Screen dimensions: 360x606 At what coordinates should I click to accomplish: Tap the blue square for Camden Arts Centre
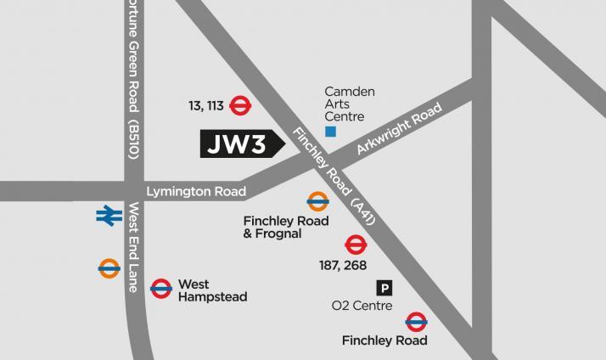click(331, 132)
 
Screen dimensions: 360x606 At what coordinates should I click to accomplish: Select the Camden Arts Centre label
click(350, 104)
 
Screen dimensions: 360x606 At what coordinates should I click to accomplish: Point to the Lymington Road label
click(196, 192)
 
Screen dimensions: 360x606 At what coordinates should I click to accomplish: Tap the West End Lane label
click(132, 247)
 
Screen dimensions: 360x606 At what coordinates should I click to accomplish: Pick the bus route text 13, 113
click(205, 106)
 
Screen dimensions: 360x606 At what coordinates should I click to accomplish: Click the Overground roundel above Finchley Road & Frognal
click(317, 202)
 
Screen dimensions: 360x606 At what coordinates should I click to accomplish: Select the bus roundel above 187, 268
click(356, 245)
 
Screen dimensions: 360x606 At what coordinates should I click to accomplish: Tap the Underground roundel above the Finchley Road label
click(416, 321)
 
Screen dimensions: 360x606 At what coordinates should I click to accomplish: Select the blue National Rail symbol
click(109, 216)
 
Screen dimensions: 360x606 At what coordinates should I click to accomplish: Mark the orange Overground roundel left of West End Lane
click(109, 268)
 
